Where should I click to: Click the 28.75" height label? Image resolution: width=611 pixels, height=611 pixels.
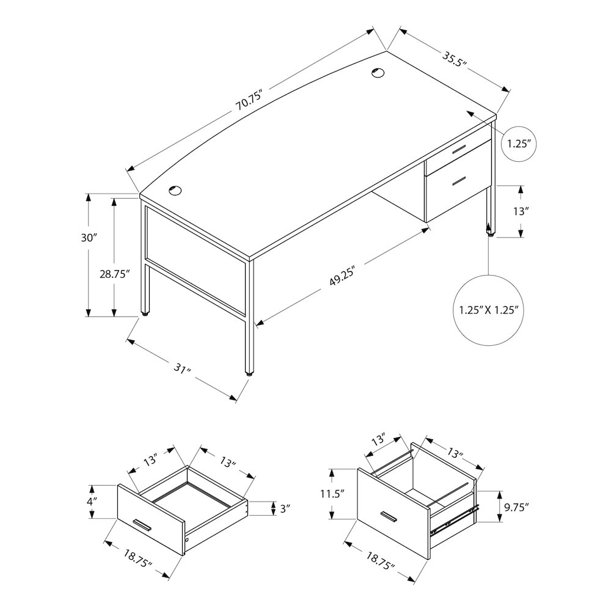(114, 274)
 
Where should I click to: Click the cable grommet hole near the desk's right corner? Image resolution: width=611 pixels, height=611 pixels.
(377, 73)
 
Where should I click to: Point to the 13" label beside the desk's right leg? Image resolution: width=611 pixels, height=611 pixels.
(521, 211)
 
